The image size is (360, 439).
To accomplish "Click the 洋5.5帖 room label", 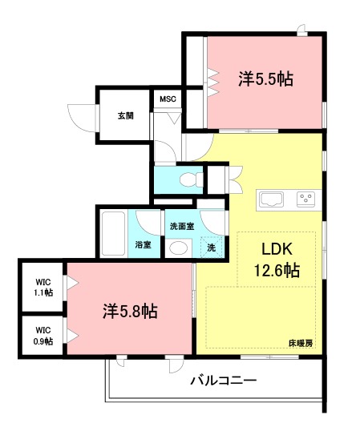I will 265,79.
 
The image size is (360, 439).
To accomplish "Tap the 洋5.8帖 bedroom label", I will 128,310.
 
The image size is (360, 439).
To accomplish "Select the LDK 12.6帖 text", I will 277,260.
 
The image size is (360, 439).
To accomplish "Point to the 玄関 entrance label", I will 125,115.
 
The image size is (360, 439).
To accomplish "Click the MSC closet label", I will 168,99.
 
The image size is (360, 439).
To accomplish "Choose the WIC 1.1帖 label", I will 43,287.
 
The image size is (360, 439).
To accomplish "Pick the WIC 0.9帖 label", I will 43,335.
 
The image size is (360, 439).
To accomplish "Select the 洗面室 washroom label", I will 181,225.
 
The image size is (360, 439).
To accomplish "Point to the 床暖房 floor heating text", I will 300,343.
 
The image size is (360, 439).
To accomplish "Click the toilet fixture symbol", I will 184,179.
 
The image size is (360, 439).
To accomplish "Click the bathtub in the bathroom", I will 113,232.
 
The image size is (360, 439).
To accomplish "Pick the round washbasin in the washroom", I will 179,248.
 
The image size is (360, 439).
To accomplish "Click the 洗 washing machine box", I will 211,248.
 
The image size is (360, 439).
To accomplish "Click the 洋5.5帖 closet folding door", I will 213,80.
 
